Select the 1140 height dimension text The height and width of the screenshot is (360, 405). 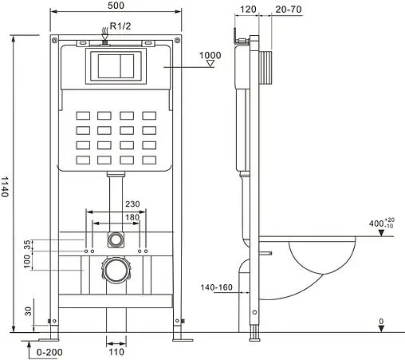(7, 188)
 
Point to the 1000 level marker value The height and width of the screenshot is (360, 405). (210, 55)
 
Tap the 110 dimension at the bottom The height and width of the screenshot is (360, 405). (116, 351)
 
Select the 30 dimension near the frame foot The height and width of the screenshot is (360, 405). (29, 311)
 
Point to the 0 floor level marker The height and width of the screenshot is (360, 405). (381, 322)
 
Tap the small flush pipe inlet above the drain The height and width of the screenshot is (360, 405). (116, 238)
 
